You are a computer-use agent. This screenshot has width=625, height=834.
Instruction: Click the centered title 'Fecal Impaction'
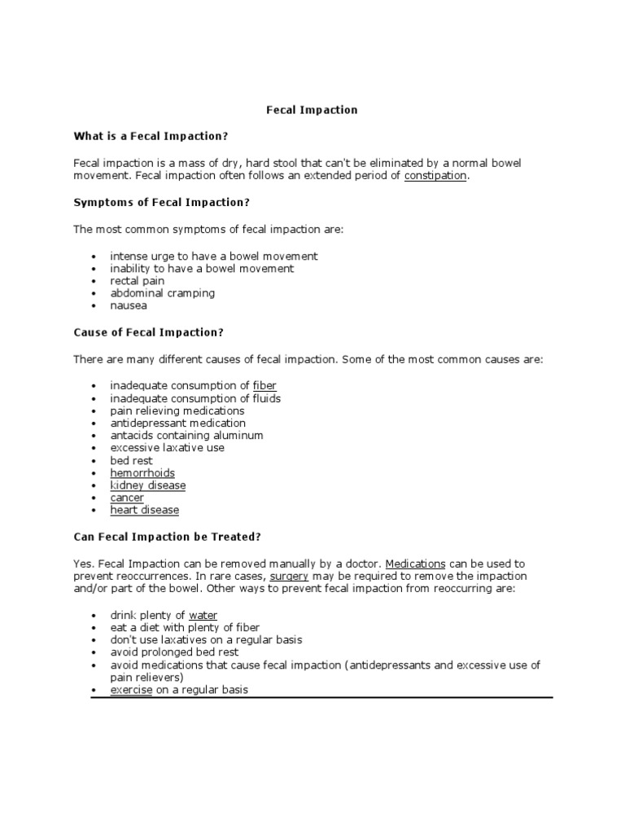[312, 110]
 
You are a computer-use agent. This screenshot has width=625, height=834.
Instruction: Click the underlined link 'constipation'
[435, 176]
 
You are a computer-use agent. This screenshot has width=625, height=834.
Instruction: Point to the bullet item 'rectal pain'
[138, 281]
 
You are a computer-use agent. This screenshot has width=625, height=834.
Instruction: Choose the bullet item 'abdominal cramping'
[163, 293]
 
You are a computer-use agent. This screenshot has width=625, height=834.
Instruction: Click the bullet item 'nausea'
[129, 306]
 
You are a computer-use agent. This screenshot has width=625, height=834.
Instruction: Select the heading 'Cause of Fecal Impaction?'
[148, 332]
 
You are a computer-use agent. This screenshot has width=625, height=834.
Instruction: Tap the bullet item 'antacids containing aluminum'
[187, 435]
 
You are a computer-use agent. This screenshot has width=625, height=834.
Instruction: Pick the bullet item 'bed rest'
[132, 460]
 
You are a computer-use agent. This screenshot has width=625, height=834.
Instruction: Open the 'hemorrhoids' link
[142, 473]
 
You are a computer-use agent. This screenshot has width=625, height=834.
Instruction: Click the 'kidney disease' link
[148, 485]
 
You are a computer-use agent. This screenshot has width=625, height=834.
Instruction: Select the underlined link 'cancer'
[127, 498]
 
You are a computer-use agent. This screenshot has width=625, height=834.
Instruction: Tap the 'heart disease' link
[145, 510]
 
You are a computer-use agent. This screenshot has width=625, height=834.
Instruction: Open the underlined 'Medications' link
[415, 563]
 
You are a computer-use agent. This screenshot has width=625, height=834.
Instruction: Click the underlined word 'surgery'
[289, 575]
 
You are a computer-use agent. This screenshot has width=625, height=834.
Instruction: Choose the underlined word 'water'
[203, 615]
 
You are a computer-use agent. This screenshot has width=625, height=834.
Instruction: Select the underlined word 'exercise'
[132, 689]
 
